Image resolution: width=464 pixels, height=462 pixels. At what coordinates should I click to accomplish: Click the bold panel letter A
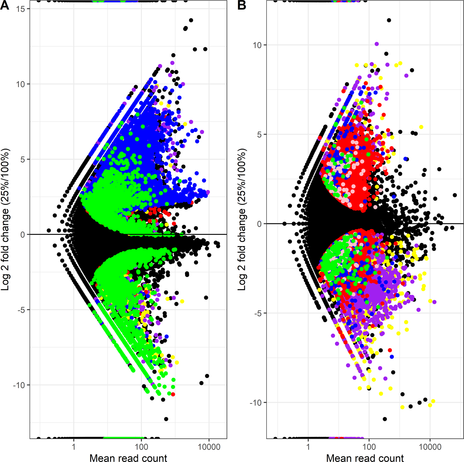pyautogui.click(x=5, y=5)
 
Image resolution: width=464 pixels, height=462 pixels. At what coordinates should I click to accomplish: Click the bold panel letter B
pyautogui.click(x=242, y=5)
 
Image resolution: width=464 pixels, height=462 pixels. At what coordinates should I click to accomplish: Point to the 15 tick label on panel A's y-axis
pyautogui.click(x=21, y=9)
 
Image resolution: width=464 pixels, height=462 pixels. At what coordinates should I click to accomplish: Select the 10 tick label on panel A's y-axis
pyautogui.click(x=21, y=84)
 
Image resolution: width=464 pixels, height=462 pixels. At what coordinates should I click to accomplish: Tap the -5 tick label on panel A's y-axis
pyautogui.click(x=21, y=310)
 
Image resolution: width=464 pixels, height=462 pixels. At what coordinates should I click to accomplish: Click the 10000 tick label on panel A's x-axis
pyautogui.click(x=209, y=447)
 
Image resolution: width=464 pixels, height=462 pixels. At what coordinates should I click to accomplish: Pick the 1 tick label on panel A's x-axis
pyautogui.click(x=74, y=447)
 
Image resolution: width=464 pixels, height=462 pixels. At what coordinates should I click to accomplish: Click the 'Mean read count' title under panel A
pyautogui.click(x=128, y=458)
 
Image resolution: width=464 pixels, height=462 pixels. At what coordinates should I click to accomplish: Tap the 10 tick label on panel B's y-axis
pyautogui.click(x=257, y=45)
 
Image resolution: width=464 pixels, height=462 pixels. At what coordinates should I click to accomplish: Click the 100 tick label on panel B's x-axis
pyautogui.click(x=369, y=447)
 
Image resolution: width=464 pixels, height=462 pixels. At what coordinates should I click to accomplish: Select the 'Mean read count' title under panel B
pyautogui.click(x=365, y=458)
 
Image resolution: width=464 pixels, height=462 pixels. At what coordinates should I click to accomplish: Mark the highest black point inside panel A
pyautogui.click(x=191, y=20)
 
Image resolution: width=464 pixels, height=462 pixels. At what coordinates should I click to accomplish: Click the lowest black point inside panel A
pyautogui.click(x=166, y=419)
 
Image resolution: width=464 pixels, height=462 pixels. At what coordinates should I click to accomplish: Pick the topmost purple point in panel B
pyautogui.click(x=377, y=44)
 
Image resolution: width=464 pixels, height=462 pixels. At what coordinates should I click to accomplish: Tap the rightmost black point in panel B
pyautogui.click(x=455, y=195)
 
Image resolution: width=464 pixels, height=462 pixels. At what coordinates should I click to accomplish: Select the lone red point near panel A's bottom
pyautogui.click(x=173, y=394)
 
